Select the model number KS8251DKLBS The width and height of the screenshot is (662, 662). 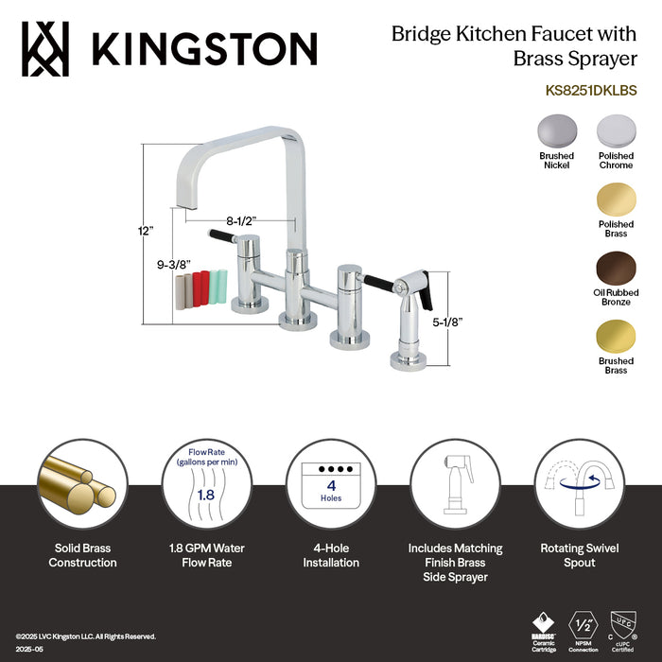tap(591, 92)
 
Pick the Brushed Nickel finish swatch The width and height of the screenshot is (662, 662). tap(557, 131)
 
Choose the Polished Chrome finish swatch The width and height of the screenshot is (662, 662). tap(616, 131)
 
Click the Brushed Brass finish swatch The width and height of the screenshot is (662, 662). tap(616, 336)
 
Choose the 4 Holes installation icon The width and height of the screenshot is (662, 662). tap(331, 482)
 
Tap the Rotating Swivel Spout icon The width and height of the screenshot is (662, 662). tap(579, 482)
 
